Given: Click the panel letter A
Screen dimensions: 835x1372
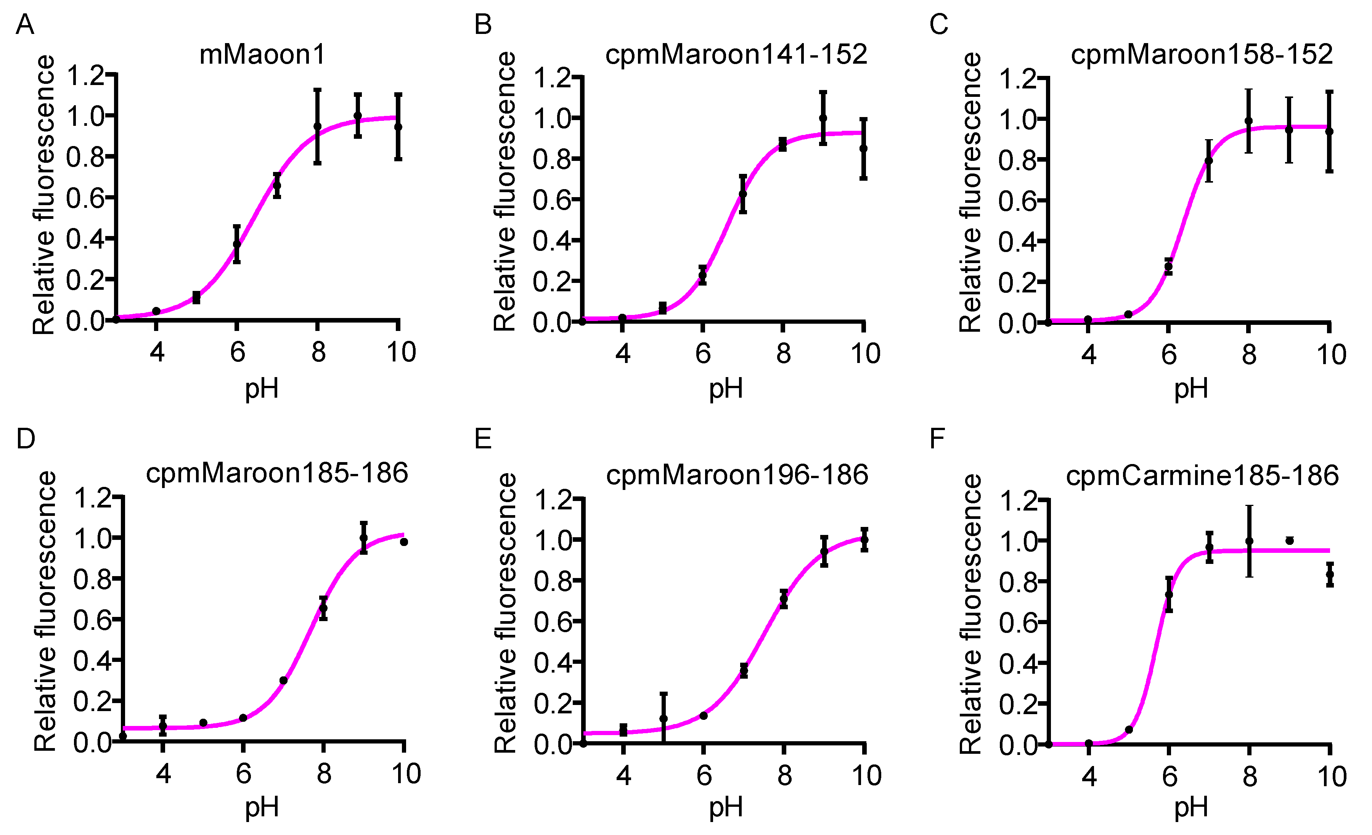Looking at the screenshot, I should [x=25, y=25].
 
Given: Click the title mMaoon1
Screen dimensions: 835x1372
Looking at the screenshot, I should [x=262, y=55].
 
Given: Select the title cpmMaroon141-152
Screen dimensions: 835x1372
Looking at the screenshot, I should [x=736, y=55].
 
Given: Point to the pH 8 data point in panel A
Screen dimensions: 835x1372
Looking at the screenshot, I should [x=317, y=126].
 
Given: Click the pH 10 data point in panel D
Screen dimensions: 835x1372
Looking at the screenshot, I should [x=404, y=542].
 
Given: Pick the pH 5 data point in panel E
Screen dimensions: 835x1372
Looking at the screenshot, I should [x=663, y=719].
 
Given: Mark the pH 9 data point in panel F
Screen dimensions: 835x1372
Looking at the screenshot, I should [x=1290, y=541].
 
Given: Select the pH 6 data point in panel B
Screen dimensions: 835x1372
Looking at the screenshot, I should [x=703, y=275].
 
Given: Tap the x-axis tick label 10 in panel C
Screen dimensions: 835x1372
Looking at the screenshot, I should [x=1331, y=355].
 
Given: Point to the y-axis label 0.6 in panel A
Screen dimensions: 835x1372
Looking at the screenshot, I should [x=85, y=198].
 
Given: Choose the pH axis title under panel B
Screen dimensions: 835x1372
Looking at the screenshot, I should [x=726, y=388].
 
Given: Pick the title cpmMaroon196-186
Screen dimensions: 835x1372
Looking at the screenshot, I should [x=737, y=475].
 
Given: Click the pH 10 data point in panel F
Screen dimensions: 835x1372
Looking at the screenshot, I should [x=1330, y=575].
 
